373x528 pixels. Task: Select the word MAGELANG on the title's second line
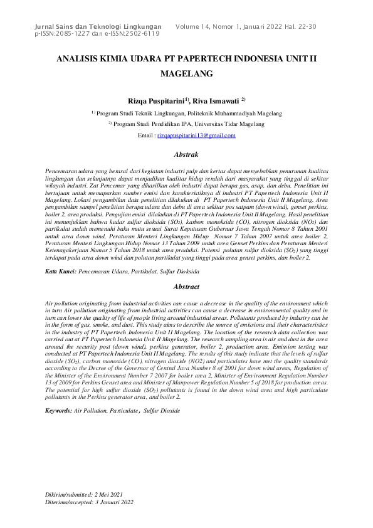pos(187,73)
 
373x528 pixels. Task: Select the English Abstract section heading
pos(186,287)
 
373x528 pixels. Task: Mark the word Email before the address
pos(145,135)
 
